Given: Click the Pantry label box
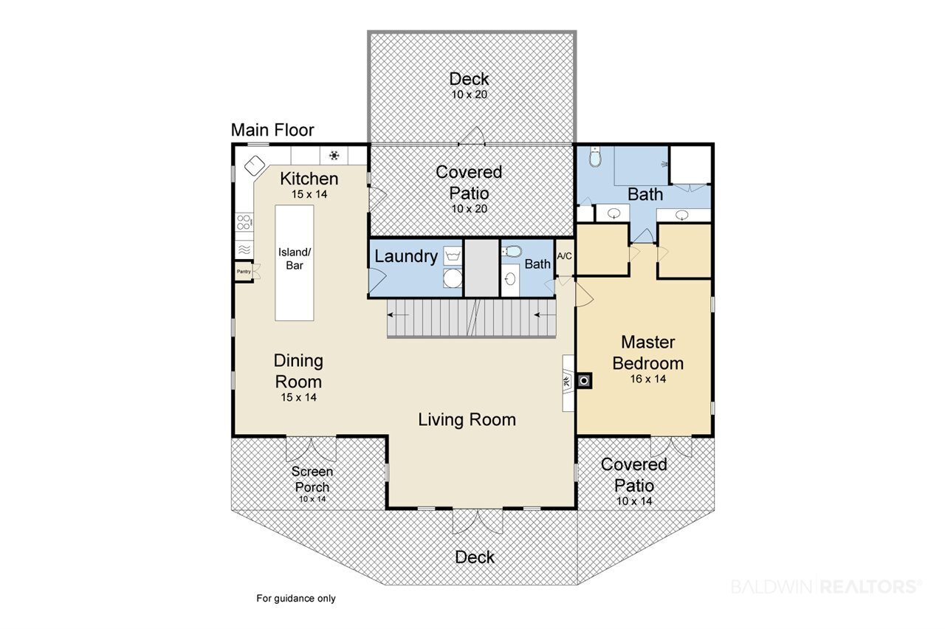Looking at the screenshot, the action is pyautogui.click(x=244, y=271).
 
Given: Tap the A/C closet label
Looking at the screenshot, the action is pyautogui.click(x=565, y=256).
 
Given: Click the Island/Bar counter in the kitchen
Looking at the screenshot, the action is pyautogui.click(x=295, y=263).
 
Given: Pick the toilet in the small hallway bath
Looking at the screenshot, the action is pyautogui.click(x=512, y=252).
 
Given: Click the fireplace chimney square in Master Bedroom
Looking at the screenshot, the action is pyautogui.click(x=584, y=381).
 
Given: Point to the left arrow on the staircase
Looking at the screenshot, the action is pyautogui.click(x=398, y=314).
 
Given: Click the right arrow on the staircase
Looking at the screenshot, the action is pyautogui.click(x=545, y=314).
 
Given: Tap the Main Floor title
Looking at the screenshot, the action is pyautogui.click(x=272, y=130).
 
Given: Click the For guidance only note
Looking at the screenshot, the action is pyautogui.click(x=296, y=598).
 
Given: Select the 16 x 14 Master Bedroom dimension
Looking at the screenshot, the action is pyautogui.click(x=648, y=379).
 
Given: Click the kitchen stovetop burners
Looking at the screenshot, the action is pyautogui.click(x=244, y=222).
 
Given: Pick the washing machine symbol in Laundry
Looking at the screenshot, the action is pyautogui.click(x=453, y=255).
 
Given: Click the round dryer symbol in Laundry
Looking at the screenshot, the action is pyautogui.click(x=453, y=278).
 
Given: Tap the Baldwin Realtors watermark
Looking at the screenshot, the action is pyautogui.click(x=826, y=587).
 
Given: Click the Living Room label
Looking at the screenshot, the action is pyautogui.click(x=467, y=420).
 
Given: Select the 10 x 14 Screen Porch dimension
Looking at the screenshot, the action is pyautogui.click(x=312, y=499).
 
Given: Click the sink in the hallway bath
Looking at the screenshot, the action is pyautogui.click(x=510, y=279).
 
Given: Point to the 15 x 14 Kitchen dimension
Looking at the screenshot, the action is pyautogui.click(x=309, y=194).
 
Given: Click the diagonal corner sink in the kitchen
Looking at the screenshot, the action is pyautogui.click(x=255, y=165).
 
